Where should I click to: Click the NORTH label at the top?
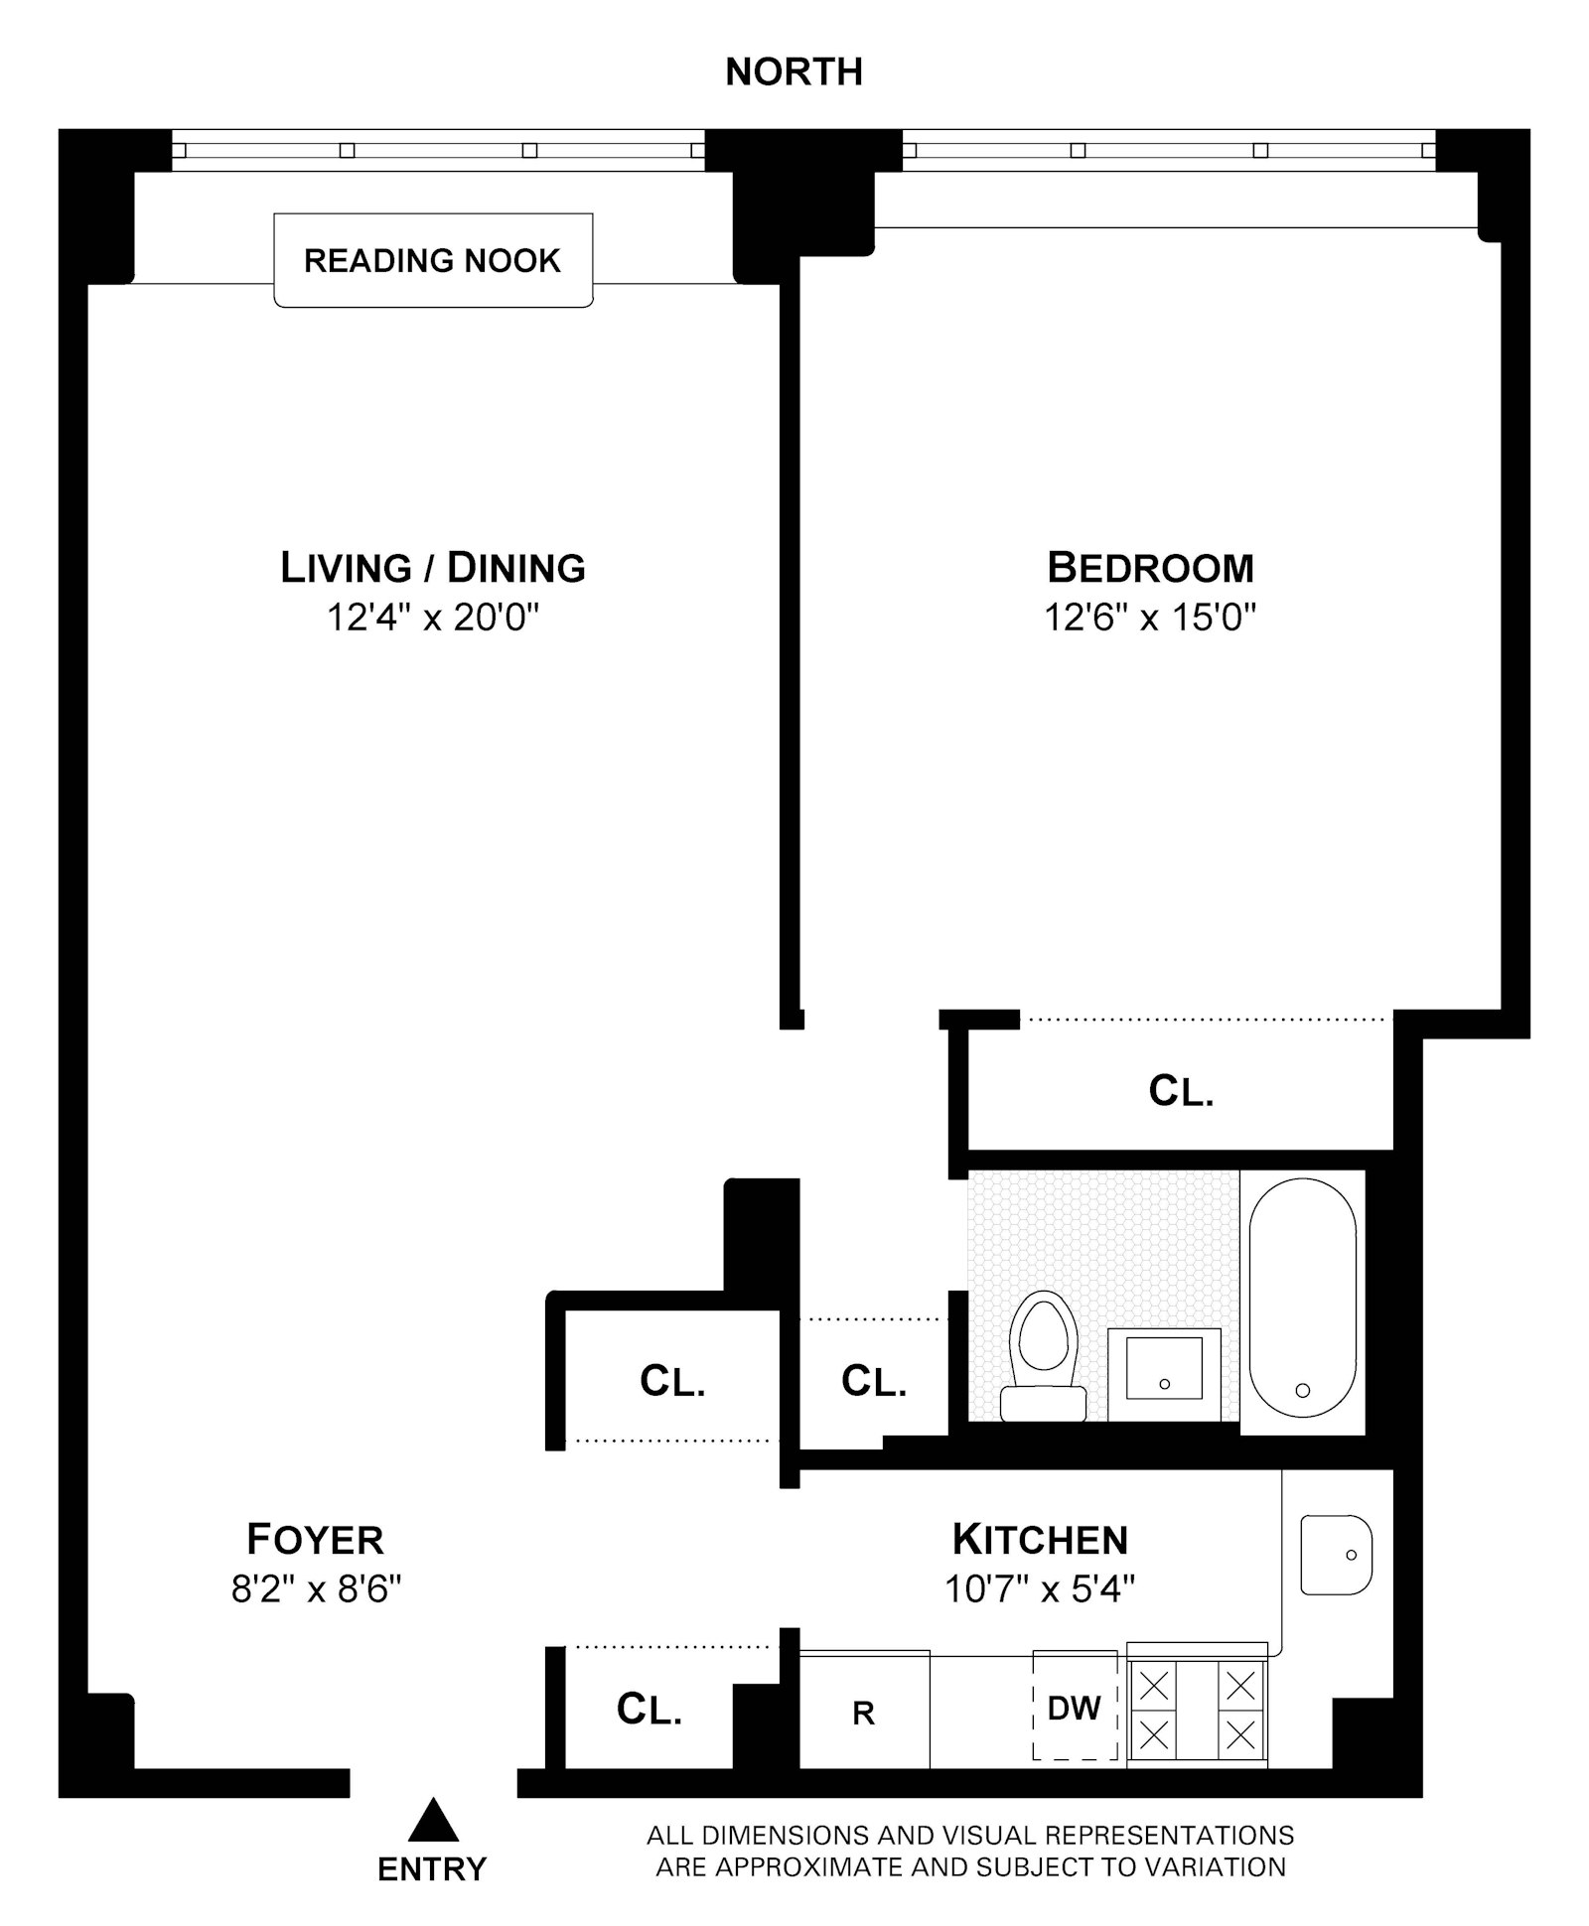[794, 72]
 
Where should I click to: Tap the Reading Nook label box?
[433, 260]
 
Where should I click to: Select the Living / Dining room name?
[433, 568]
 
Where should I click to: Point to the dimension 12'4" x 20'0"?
[433, 619]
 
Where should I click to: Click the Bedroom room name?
[1150, 568]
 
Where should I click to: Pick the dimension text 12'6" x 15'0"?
[1150, 619]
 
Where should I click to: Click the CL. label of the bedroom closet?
[1181, 1091]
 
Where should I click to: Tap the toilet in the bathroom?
[1043, 1355]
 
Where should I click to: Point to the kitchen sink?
[1336, 1555]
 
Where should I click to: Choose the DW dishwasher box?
[1075, 1708]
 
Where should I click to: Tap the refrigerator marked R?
[864, 1713]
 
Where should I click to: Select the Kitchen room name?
[1040, 1540]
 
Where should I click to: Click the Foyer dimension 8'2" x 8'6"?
[316, 1589]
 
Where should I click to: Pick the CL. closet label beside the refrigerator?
[650, 1710]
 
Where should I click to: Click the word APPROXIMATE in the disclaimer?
[809, 1867]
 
